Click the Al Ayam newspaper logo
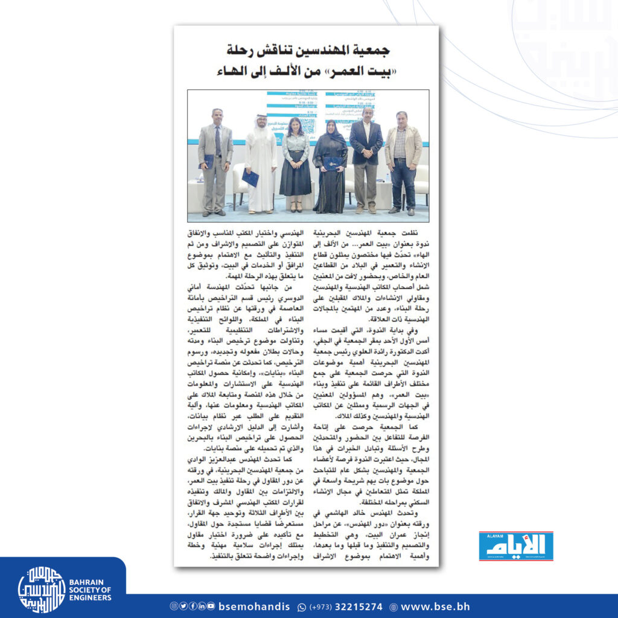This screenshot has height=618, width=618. [516, 546]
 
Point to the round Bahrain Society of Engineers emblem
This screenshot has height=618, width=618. [42, 590]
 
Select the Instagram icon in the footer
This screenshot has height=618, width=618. [174, 607]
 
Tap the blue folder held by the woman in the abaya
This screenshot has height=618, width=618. [333, 164]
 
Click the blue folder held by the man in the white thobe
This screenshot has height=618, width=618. [250, 177]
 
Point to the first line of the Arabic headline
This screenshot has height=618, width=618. [307, 49]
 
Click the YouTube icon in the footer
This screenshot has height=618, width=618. [211, 607]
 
